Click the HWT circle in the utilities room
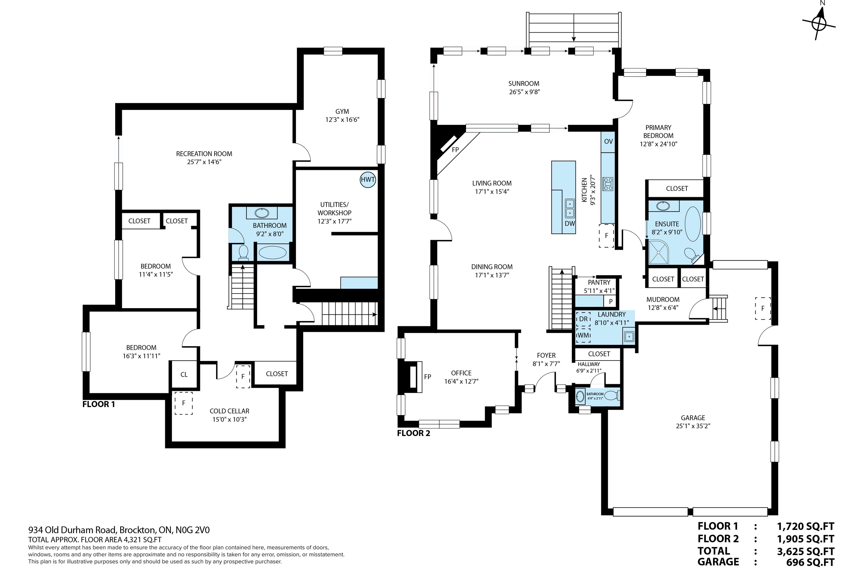pyautogui.click(x=368, y=180)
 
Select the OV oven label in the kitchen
pyautogui.click(x=608, y=141)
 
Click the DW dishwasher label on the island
pyautogui.click(x=570, y=223)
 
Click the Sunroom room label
pyautogui.click(x=524, y=84)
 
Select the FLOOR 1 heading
pyautogui.click(x=98, y=404)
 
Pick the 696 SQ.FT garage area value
pyautogui.click(x=810, y=562)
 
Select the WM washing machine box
pyautogui.click(x=583, y=335)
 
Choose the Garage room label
pyautogui.click(x=693, y=418)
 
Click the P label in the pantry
pyautogui.click(x=610, y=301)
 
